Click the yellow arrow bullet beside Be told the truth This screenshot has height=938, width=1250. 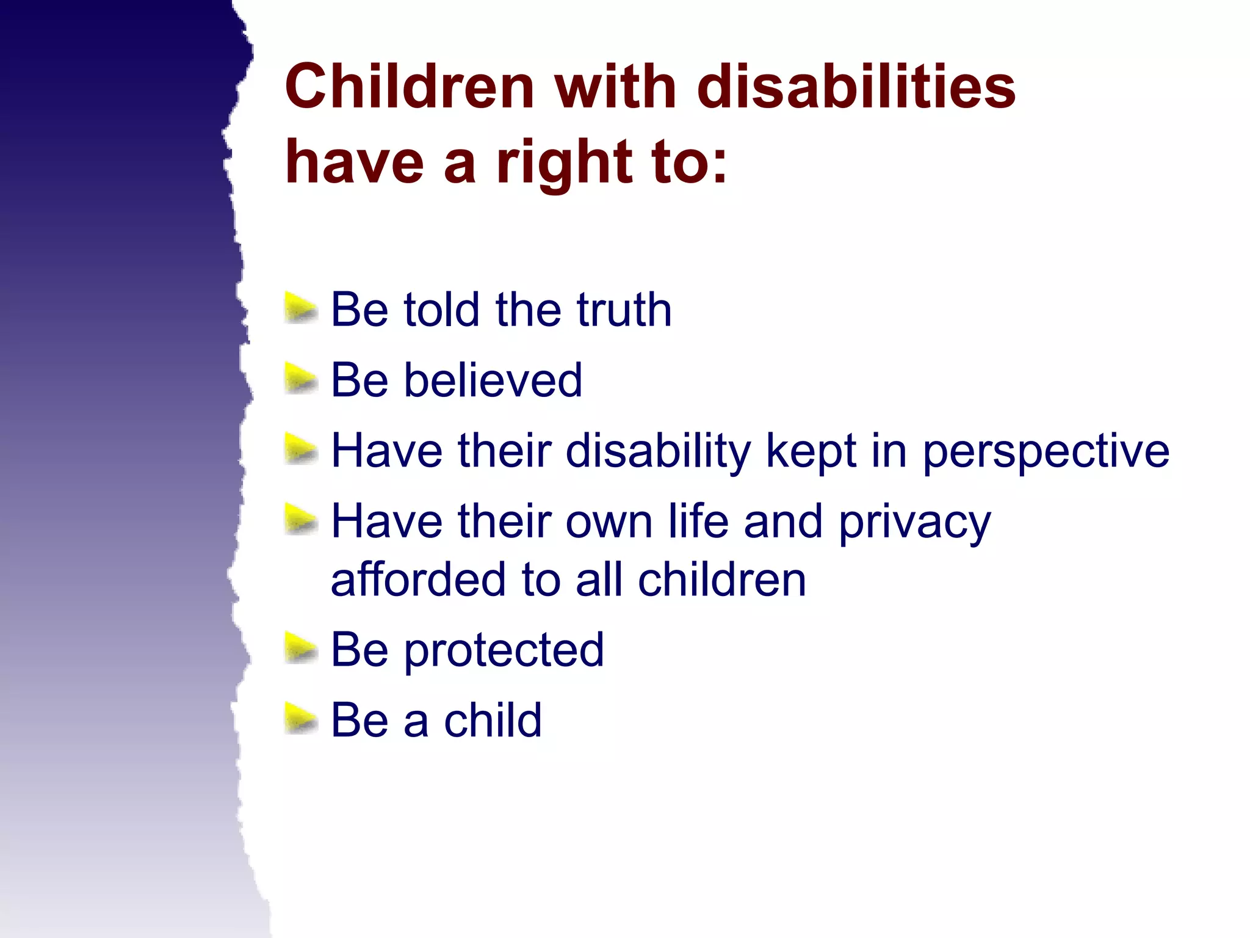(x=300, y=308)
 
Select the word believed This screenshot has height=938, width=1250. (x=493, y=380)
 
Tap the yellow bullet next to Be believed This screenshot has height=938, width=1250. (x=300, y=379)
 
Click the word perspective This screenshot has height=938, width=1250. (x=1046, y=452)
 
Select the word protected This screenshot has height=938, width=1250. (x=504, y=650)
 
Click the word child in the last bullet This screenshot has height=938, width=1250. (x=493, y=720)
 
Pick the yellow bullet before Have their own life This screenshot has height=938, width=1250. (x=300, y=521)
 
